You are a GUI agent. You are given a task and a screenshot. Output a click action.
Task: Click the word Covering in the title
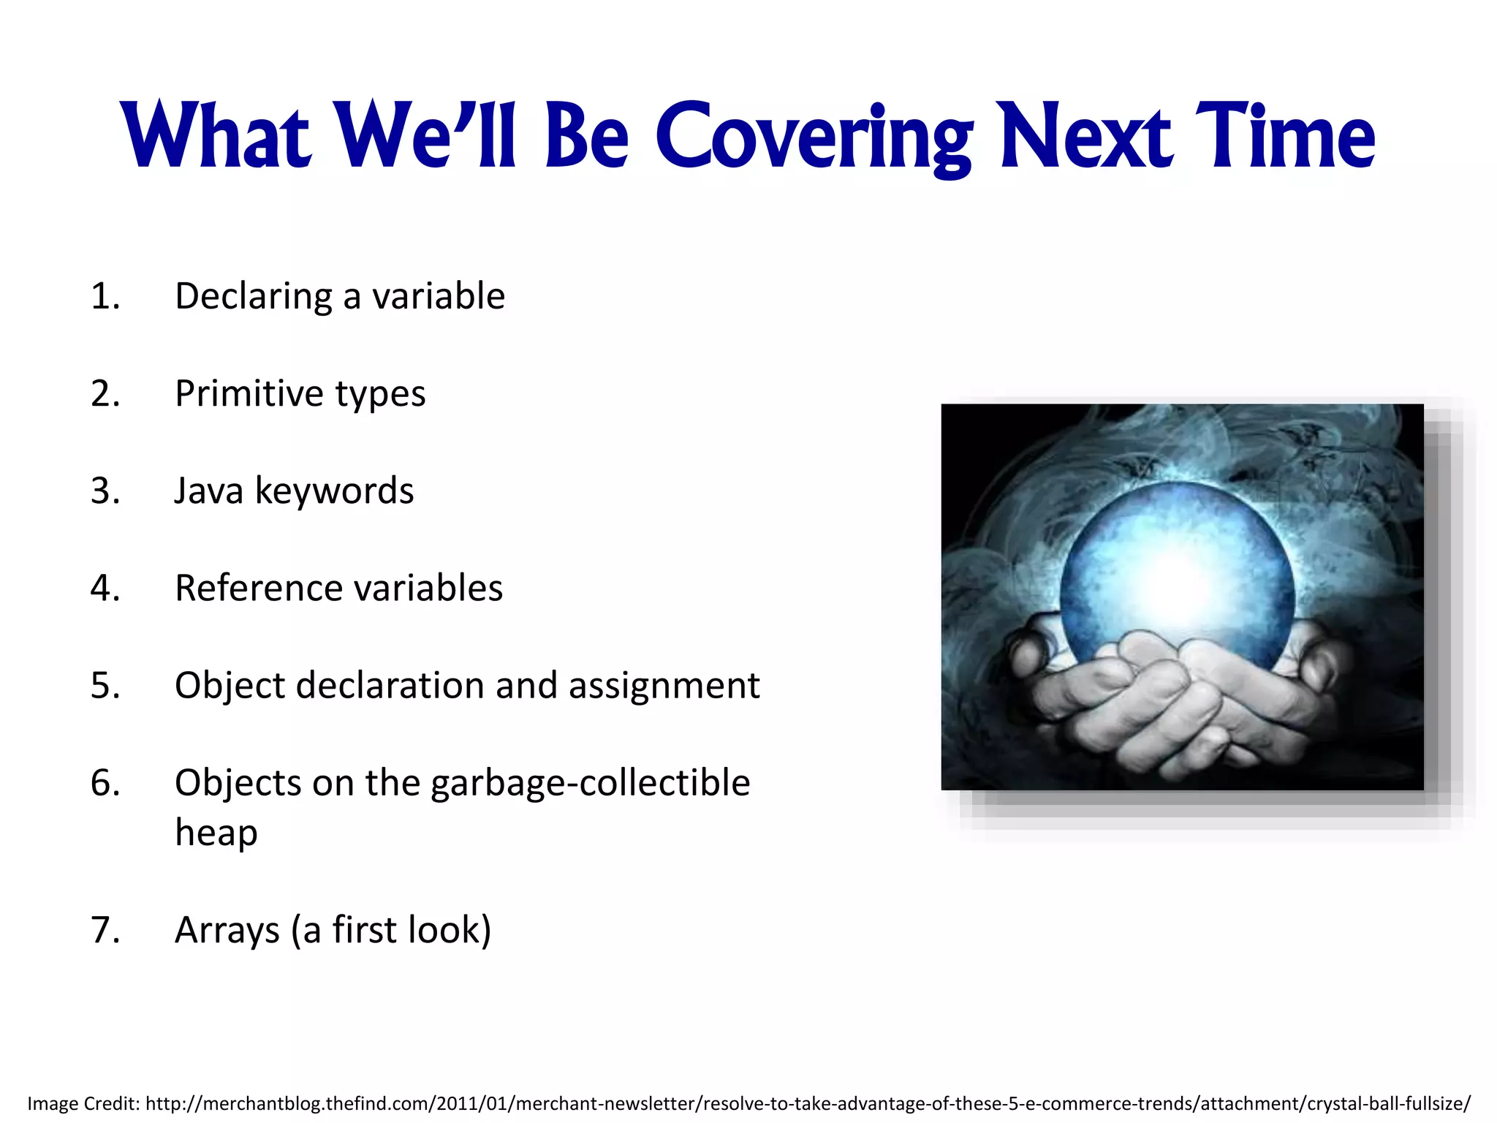click(x=813, y=137)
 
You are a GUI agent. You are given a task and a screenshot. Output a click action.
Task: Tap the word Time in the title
click(x=1285, y=137)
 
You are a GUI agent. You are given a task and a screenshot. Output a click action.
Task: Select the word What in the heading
click(x=217, y=137)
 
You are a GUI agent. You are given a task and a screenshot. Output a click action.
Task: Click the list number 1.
click(x=105, y=297)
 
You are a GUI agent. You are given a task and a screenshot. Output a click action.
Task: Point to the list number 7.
click(x=105, y=931)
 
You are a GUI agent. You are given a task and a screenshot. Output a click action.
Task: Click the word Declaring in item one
click(x=254, y=297)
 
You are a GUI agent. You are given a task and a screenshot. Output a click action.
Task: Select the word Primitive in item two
click(x=249, y=394)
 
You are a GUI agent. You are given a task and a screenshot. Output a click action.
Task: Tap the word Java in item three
click(x=208, y=491)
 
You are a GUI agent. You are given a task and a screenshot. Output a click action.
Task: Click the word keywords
click(x=334, y=491)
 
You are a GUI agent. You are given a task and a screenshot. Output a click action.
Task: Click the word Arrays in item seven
click(x=227, y=931)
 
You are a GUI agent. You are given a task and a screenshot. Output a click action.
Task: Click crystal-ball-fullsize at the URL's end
click(x=1384, y=1103)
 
